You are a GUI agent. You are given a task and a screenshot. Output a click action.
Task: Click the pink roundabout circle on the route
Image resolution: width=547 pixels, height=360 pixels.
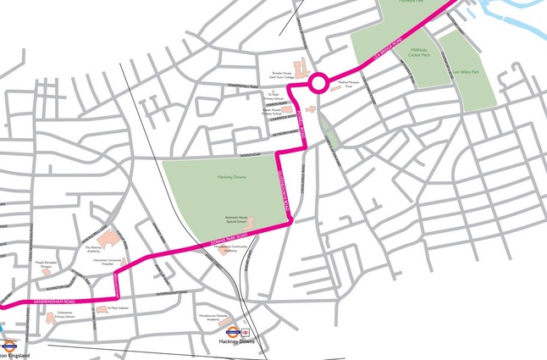[318, 83]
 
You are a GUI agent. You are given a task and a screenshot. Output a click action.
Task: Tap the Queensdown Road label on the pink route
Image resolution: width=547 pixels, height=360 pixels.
[285, 188]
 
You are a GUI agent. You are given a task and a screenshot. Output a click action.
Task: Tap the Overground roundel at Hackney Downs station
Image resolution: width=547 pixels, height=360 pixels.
[230, 333]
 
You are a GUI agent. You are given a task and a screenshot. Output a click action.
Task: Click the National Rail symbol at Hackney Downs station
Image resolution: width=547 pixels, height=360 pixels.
[245, 333]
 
